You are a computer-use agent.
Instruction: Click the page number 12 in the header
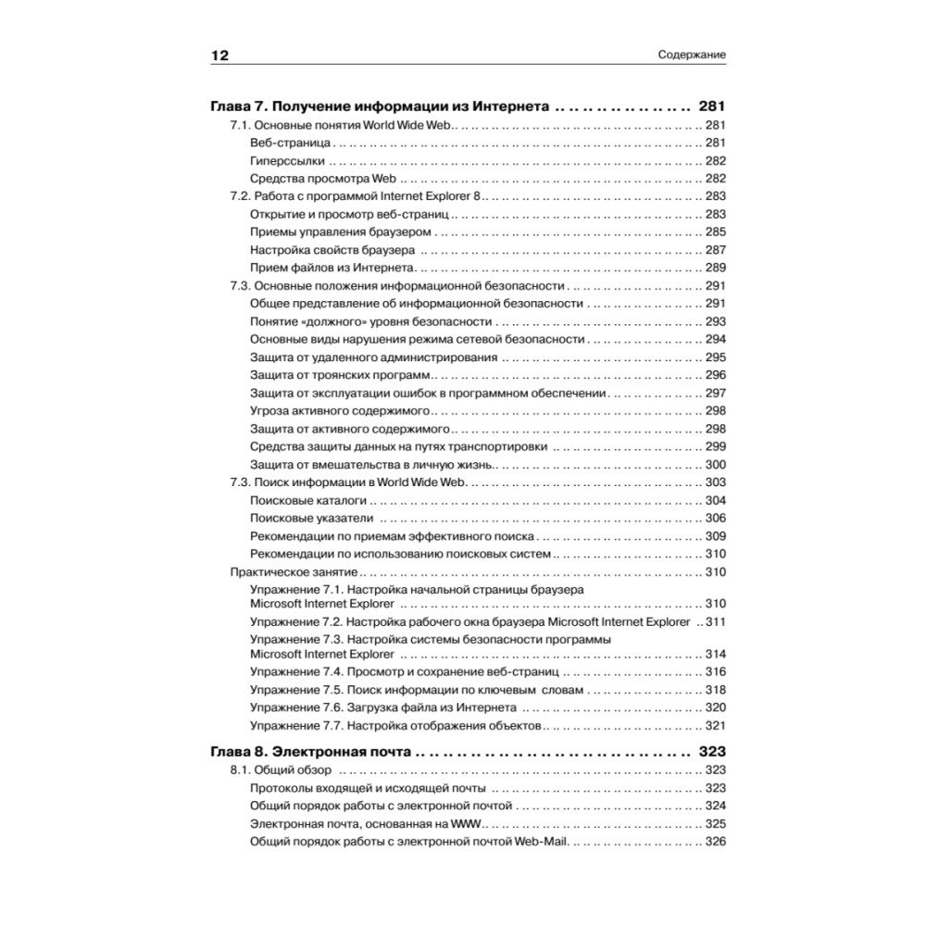pyautogui.click(x=219, y=56)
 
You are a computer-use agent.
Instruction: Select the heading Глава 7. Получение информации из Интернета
pyautogui.click(x=382, y=105)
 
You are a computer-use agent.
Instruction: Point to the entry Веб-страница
pyautogui.click(x=290, y=143)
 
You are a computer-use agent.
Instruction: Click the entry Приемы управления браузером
pyautogui.click(x=341, y=231)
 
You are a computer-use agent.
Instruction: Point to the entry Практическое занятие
pyautogui.click(x=294, y=571)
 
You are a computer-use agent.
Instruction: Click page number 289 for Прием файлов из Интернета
pyautogui.click(x=715, y=268)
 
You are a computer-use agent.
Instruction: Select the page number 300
pyautogui.click(x=715, y=464)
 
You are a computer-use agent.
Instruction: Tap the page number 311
pyautogui.click(x=715, y=621)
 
